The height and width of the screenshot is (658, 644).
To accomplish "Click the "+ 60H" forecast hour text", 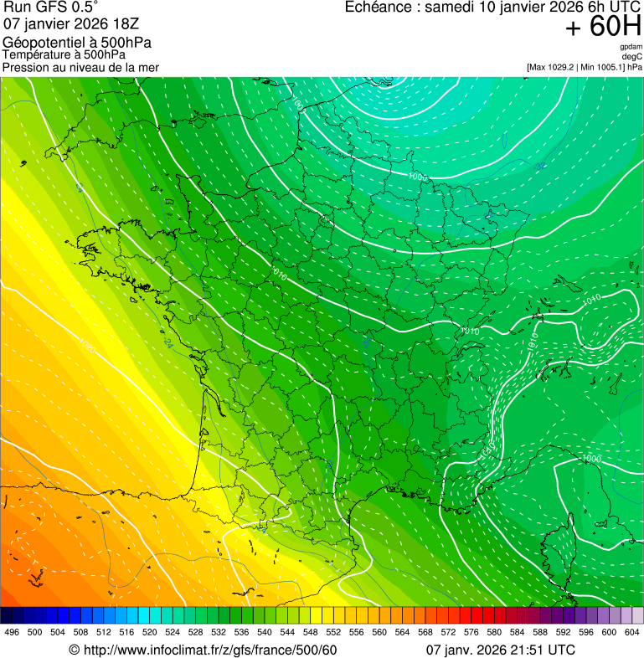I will point(603,27).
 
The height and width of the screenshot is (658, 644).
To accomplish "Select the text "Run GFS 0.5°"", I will point(51,8).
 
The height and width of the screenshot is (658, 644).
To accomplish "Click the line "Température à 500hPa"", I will point(70,55).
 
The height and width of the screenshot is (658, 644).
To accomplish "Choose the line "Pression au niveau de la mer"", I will point(80,67).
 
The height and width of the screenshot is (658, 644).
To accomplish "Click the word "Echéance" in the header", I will point(382,8).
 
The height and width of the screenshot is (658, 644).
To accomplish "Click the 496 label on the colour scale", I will point(12,632).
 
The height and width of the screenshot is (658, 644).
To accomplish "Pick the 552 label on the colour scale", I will point(333,632).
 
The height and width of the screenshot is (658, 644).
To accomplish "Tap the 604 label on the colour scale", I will point(632,632).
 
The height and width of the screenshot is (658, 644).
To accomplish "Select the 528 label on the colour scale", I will point(195,632).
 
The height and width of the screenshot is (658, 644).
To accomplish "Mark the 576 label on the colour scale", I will point(471,632).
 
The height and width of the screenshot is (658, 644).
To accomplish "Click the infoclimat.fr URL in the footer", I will point(209,650).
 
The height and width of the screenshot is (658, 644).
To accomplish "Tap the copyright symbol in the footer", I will point(74,650).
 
